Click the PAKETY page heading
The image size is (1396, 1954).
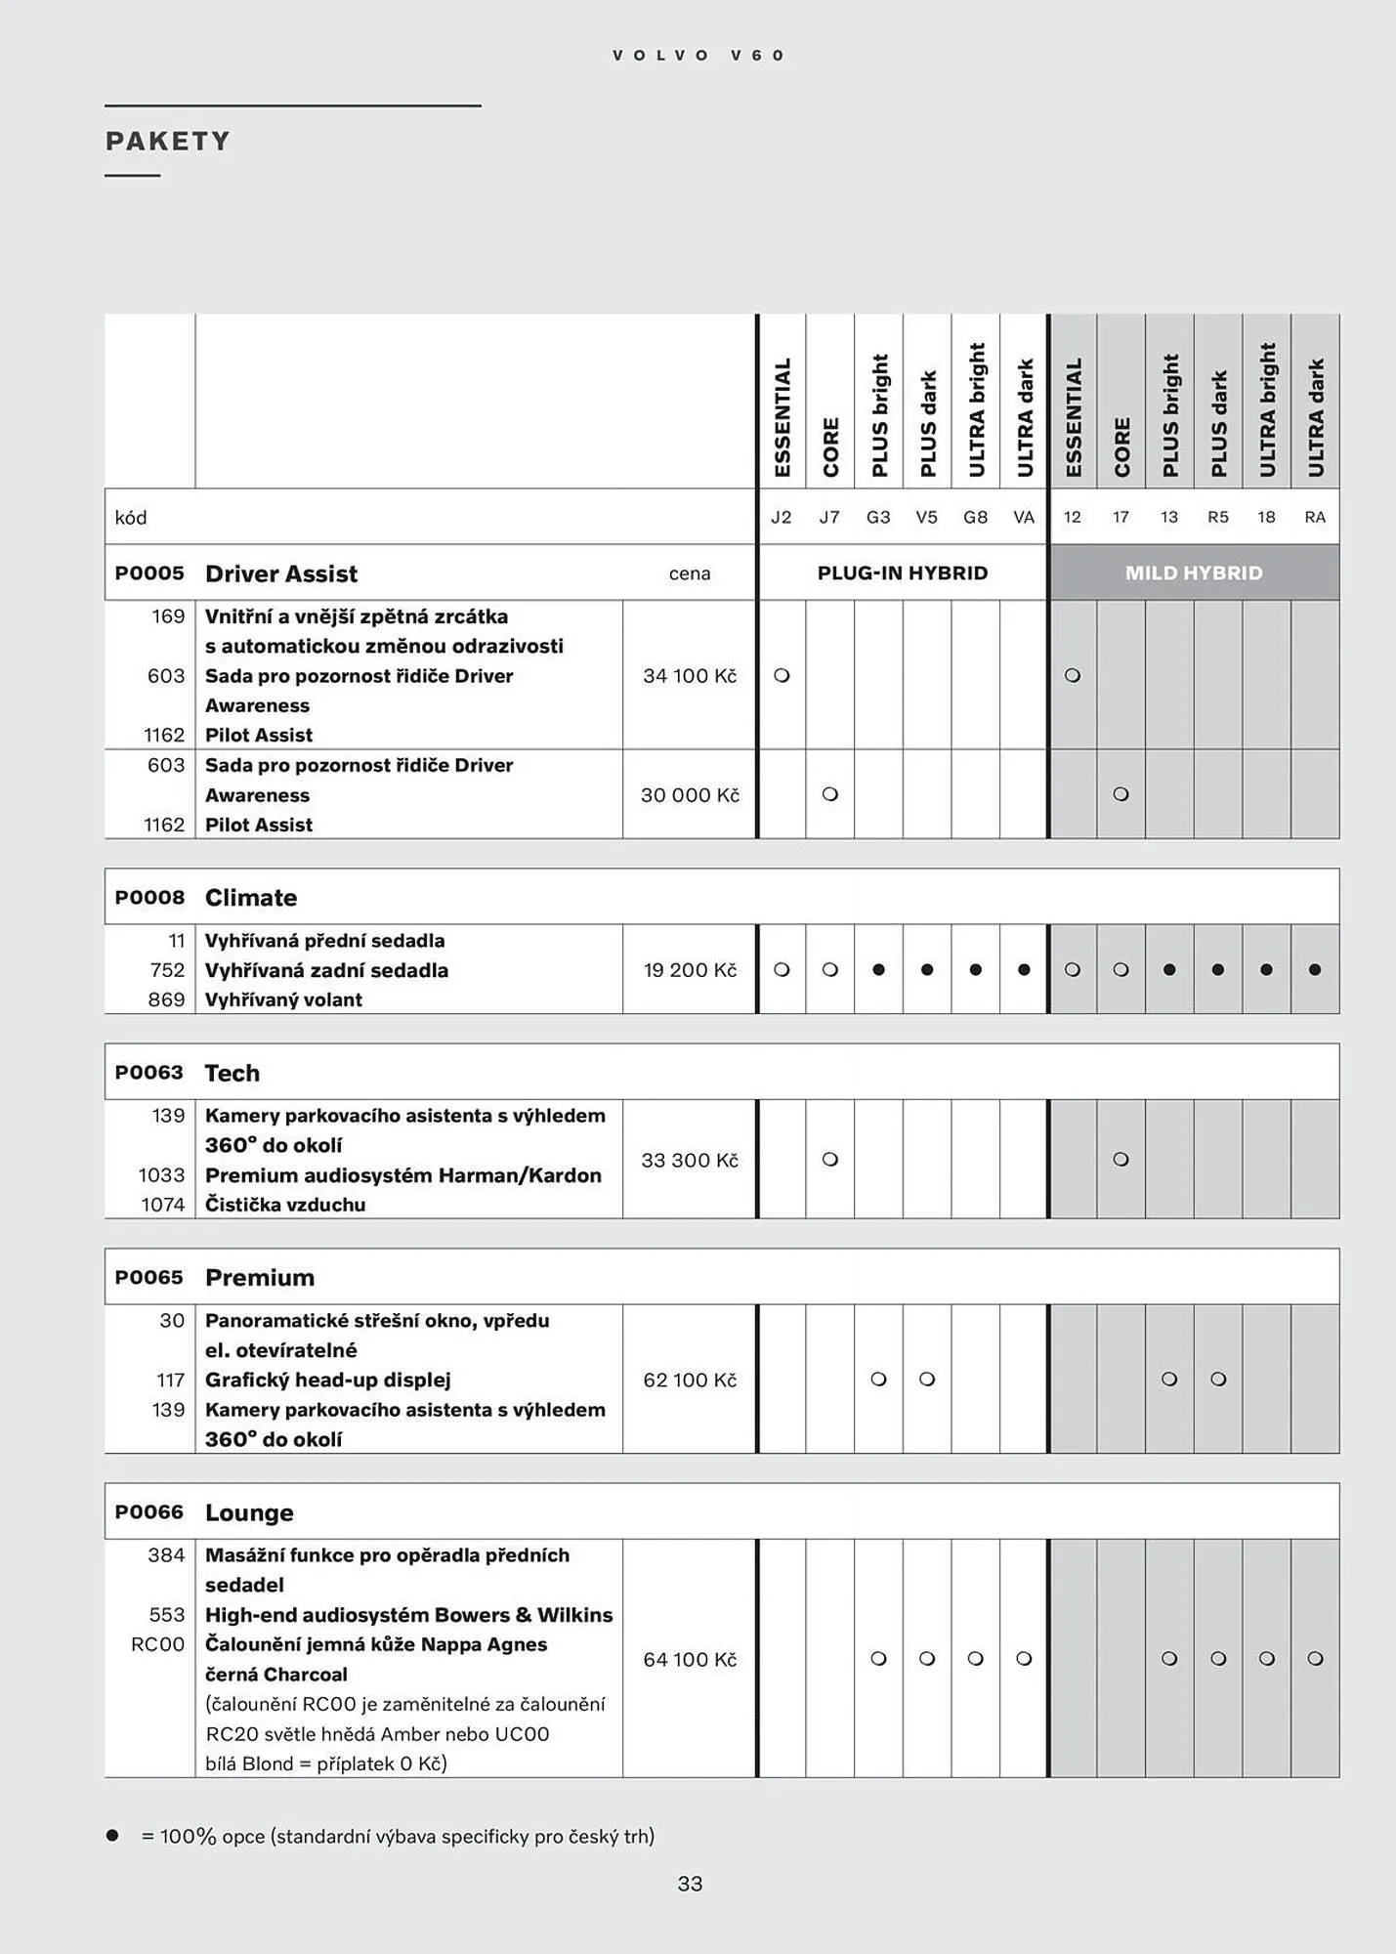[x=168, y=142]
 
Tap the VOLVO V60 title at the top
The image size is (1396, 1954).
[x=698, y=56]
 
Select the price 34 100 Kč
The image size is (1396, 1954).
[x=690, y=676]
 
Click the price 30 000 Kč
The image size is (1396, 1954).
[x=690, y=795]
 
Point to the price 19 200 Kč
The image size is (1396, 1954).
[x=690, y=970]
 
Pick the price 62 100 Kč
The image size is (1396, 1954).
[x=690, y=1380]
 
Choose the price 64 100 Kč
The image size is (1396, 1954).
[x=690, y=1659]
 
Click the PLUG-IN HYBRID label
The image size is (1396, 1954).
[x=903, y=573]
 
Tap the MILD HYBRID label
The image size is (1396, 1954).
[x=1194, y=573]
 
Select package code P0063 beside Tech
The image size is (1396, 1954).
[x=148, y=1073]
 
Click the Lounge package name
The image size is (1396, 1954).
[x=249, y=1512]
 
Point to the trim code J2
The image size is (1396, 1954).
[x=782, y=517]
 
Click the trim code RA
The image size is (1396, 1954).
[x=1315, y=517]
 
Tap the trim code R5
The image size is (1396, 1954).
[x=1217, y=517]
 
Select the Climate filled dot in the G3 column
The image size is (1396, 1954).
[x=878, y=970]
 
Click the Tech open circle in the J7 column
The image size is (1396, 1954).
[x=830, y=1160]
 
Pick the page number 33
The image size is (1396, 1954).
[x=690, y=1884]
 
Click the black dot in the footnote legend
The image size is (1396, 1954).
[x=112, y=1836]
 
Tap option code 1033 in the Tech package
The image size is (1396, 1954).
[x=161, y=1175]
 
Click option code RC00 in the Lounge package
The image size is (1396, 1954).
[x=157, y=1644]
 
